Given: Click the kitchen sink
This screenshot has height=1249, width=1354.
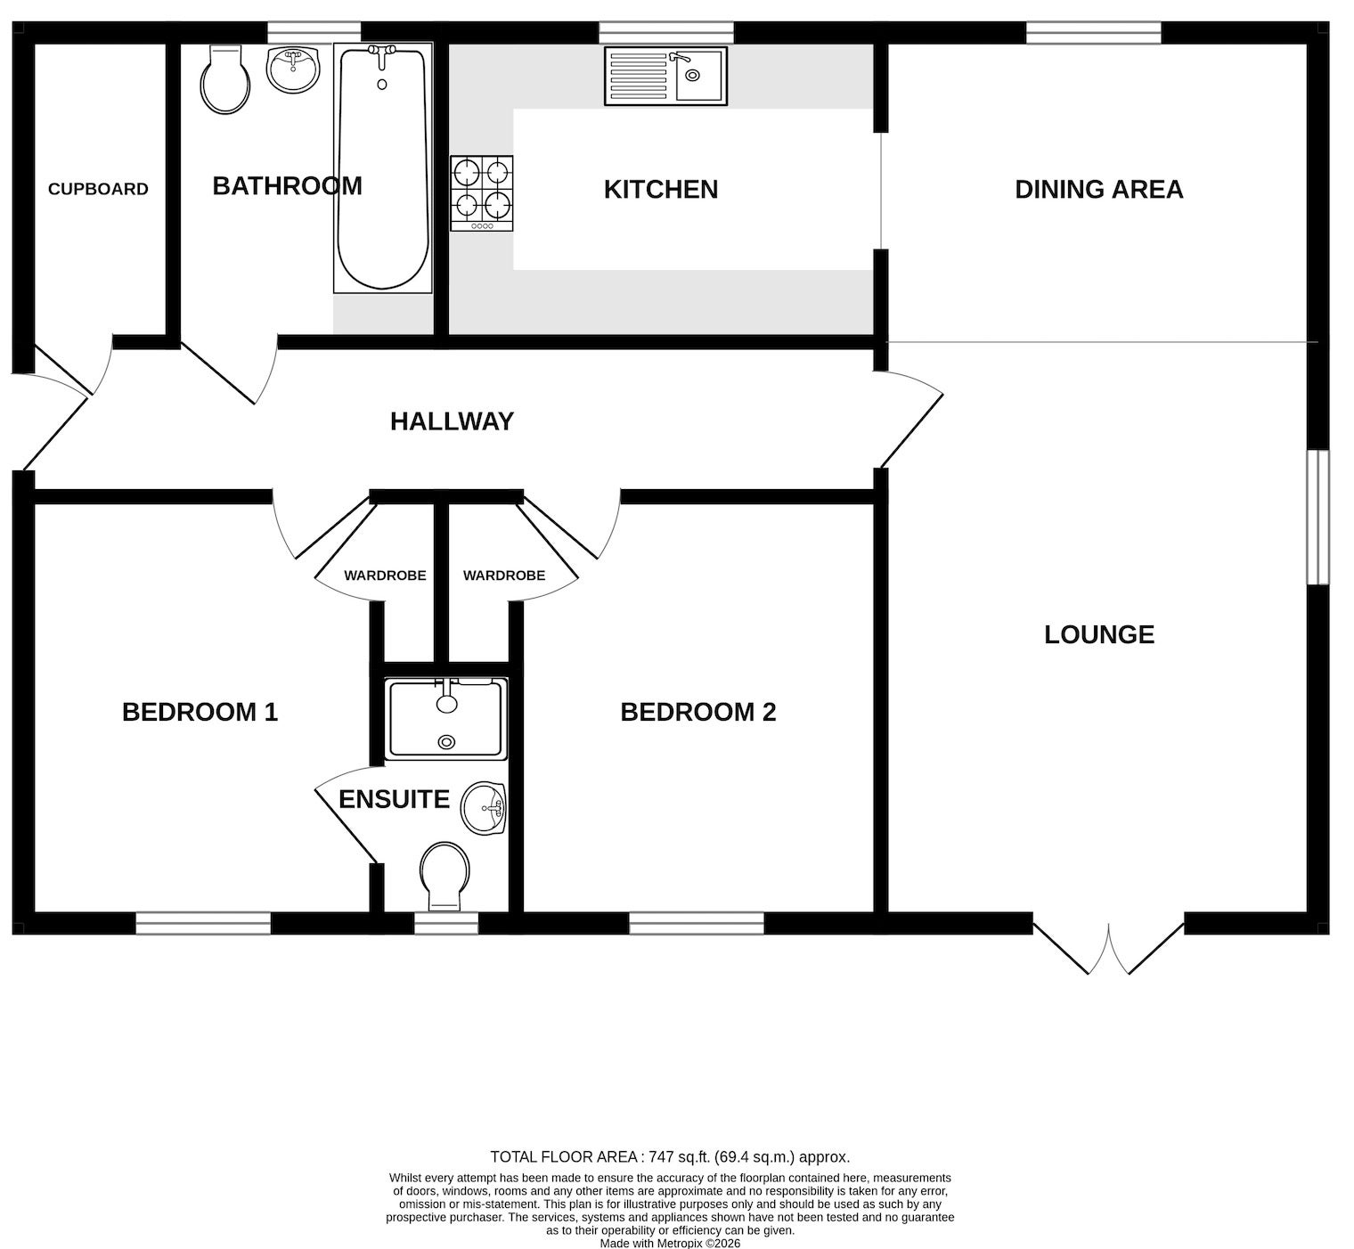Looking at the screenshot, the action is pos(665,76).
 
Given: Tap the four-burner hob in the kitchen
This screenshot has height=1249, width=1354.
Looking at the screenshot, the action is pos(482,193).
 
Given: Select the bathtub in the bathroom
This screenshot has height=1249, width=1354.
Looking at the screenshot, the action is pos(383,167).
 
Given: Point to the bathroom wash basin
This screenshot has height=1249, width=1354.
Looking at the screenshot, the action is pos(293,69).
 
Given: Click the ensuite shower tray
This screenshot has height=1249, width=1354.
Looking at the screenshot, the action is pos(446,718).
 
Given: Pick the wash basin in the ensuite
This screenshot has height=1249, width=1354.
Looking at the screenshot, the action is pos(484,809).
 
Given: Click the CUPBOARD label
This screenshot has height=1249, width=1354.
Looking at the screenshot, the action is pos(98,189).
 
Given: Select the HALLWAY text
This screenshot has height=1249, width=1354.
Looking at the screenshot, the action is pos(453,420).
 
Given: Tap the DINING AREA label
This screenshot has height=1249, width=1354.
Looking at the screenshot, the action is pos(1099,189).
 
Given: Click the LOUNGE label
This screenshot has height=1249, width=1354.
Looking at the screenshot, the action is pos(1099,634).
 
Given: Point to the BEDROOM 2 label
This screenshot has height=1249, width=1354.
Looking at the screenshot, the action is pos(698,712).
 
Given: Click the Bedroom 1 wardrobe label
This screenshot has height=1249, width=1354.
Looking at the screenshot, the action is pos(385,576).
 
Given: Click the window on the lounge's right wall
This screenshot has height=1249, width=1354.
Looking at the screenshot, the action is pos(1318,517).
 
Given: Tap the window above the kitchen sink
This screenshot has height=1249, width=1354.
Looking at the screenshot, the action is pos(666,32).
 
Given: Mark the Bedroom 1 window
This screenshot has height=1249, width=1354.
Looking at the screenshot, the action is pos(203,923).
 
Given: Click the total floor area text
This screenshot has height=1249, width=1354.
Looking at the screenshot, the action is pos(670,1157).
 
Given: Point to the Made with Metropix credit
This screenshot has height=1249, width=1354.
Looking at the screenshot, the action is pos(670,1243).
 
